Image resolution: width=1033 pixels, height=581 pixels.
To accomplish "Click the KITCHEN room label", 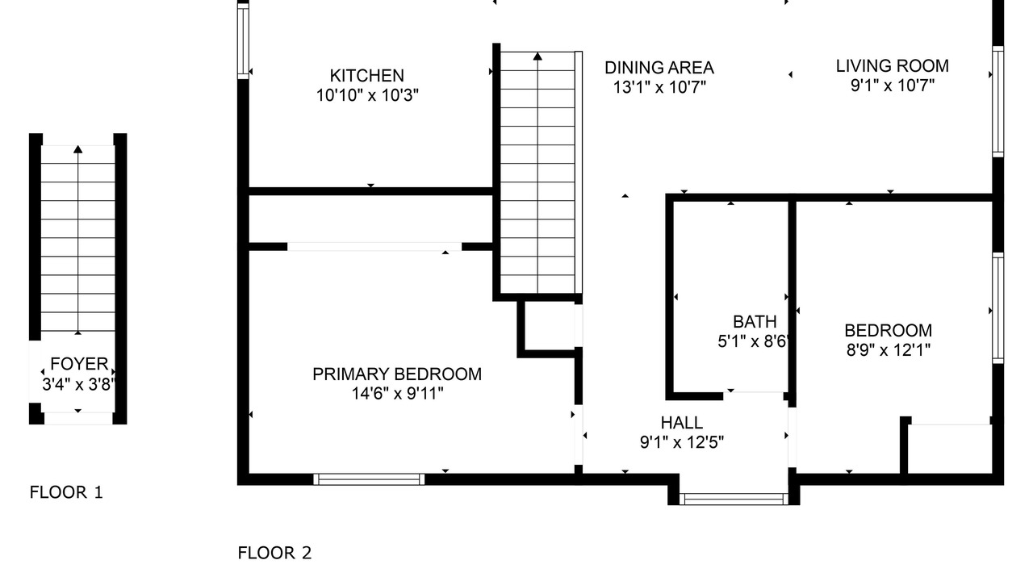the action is click(366, 76).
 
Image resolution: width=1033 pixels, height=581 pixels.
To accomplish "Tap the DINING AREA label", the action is click(659, 68).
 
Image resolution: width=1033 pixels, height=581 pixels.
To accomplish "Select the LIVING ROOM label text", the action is click(893, 66).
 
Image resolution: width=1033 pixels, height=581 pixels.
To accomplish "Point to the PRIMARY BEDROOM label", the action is click(397, 374).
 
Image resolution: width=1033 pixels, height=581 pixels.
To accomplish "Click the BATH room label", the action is click(755, 321).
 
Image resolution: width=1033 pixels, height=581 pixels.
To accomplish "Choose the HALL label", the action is click(682, 422).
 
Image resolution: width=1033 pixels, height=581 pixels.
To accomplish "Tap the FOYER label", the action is click(79, 364).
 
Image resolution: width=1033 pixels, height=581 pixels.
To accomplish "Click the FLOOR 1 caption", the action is click(66, 492).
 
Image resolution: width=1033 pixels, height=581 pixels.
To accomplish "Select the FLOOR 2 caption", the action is click(275, 553).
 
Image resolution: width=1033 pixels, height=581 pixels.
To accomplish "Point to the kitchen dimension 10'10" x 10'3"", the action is click(367, 95).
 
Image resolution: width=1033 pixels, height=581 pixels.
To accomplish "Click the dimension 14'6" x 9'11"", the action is click(397, 394).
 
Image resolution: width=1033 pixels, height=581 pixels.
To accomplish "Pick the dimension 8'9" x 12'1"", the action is click(889, 350).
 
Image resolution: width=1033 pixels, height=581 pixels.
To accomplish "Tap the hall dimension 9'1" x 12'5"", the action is click(682, 443).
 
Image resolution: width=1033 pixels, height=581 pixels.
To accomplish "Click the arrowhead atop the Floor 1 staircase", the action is click(78, 149).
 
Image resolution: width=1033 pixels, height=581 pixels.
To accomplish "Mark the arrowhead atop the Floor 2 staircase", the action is click(537, 56).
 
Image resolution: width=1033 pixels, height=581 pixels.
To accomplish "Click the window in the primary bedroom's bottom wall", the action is click(369, 479).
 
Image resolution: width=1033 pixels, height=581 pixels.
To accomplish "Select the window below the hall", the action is click(734, 499).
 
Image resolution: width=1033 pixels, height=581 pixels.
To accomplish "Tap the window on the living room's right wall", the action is click(998, 102).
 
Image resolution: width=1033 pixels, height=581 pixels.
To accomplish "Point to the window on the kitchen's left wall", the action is click(243, 40).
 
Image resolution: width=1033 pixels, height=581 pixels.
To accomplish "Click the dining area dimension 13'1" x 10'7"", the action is click(659, 87).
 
